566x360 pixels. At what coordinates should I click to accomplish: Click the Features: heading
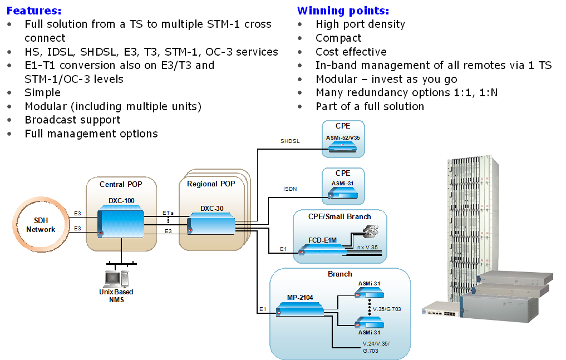click(x=34, y=11)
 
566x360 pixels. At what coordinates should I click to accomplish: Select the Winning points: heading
click(x=343, y=11)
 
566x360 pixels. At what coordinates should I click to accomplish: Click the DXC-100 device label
click(x=121, y=201)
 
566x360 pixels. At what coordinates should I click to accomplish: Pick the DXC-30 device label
click(x=212, y=209)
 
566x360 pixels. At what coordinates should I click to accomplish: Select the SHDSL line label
click(x=289, y=141)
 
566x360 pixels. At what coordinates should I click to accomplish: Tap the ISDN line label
click(x=291, y=189)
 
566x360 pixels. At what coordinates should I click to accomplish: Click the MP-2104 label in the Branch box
click(x=300, y=297)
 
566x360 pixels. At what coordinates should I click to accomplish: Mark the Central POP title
click(x=120, y=184)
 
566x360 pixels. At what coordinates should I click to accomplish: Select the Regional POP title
click(x=211, y=184)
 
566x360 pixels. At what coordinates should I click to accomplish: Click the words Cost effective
click(x=351, y=52)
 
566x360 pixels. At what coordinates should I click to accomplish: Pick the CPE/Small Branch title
click(x=339, y=216)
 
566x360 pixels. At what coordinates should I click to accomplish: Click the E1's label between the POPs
click(x=168, y=213)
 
